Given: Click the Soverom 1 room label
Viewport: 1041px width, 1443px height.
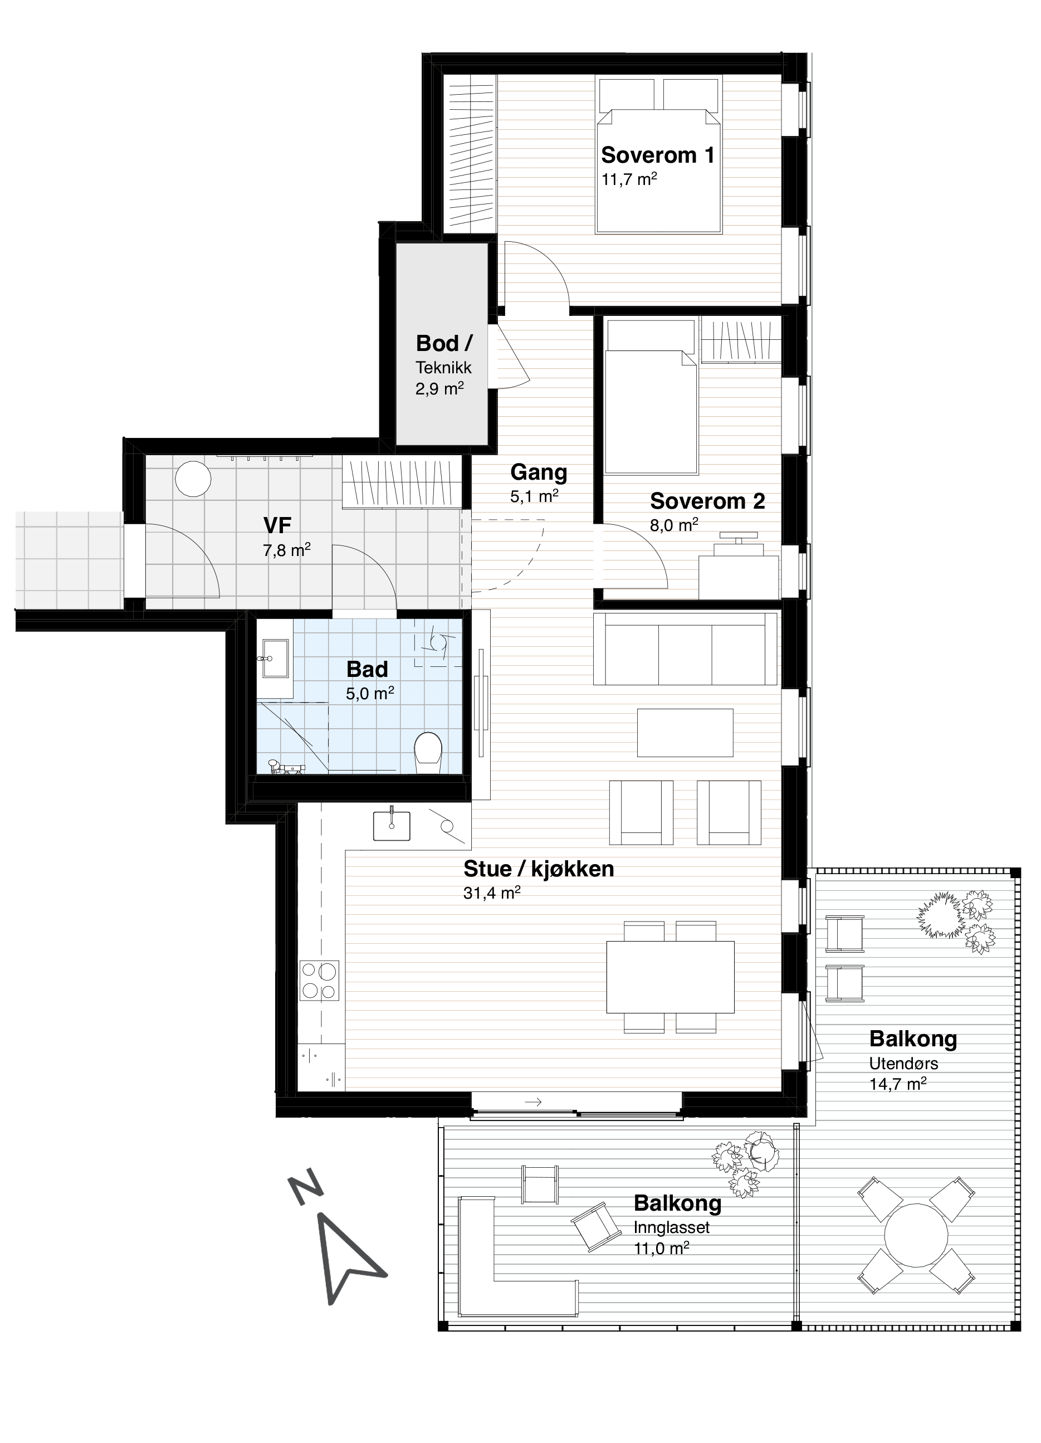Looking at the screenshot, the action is click(x=658, y=155).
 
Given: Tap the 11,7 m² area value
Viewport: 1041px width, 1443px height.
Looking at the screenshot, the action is click(x=629, y=179).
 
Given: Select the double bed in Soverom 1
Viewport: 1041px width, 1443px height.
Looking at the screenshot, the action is click(x=659, y=155).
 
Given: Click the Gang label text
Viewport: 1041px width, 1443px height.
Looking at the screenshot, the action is click(x=539, y=472).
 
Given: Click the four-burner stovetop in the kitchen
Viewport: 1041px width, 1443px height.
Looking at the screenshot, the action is click(x=319, y=981).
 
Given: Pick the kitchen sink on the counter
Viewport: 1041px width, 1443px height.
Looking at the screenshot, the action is click(x=391, y=825).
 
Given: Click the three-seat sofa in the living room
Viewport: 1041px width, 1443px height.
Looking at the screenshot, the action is click(x=685, y=649).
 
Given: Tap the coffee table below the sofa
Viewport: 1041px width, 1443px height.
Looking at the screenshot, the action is click(x=685, y=732).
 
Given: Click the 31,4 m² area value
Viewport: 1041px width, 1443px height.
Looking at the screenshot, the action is click(x=492, y=893).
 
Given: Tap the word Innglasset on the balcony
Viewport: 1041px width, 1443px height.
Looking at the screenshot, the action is click(x=672, y=1228).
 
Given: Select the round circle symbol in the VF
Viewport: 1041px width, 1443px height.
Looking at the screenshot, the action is click(x=193, y=479).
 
